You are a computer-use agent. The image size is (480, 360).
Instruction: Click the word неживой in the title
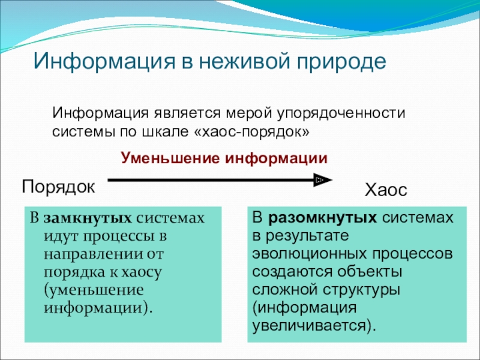(x=244, y=61)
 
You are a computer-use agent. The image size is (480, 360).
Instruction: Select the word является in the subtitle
(x=187, y=113)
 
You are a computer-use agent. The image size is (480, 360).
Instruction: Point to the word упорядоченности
(x=341, y=114)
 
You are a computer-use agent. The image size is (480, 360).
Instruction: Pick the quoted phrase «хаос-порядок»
(x=251, y=132)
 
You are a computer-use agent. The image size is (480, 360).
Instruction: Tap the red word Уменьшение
(x=170, y=158)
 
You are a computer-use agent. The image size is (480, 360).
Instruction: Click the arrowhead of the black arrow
(x=323, y=179)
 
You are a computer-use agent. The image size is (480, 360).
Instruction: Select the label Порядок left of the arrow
(x=58, y=187)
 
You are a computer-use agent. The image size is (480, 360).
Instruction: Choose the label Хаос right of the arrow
(x=386, y=190)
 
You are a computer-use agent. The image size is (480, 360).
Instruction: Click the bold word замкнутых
(x=88, y=218)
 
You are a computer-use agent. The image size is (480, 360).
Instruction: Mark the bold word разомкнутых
(x=323, y=218)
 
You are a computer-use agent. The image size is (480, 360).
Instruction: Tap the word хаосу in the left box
(x=142, y=273)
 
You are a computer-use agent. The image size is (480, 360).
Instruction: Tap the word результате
(x=307, y=236)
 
